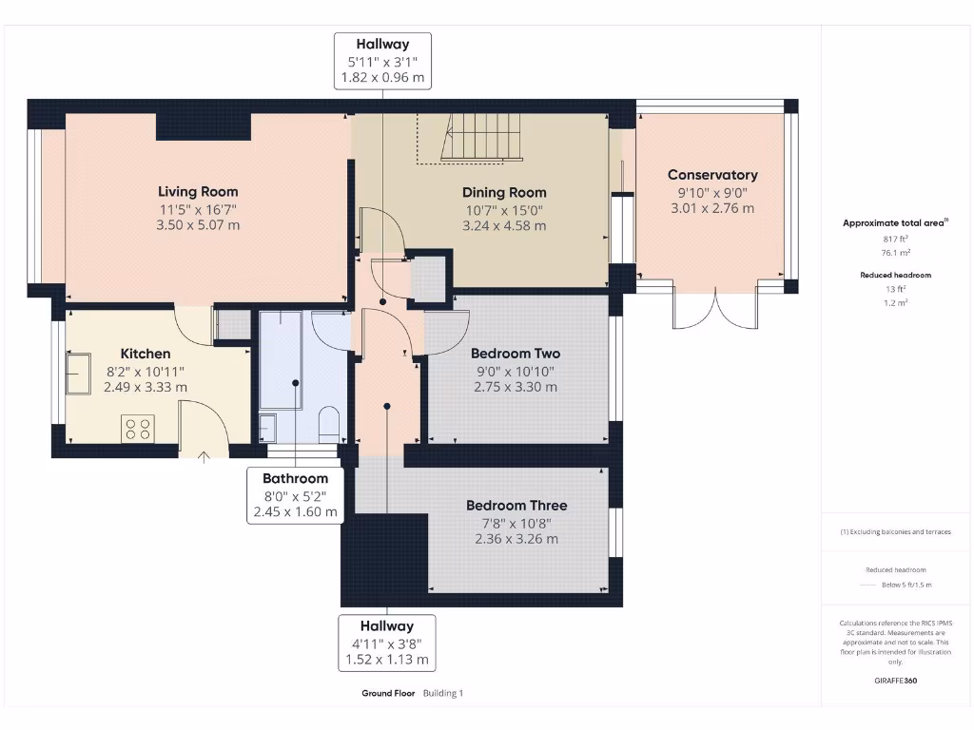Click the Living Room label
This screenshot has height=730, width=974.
pyautogui.click(x=198, y=191)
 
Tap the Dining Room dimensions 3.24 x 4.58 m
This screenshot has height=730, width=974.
pyautogui.click(x=504, y=226)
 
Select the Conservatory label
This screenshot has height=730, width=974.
pyautogui.click(x=712, y=175)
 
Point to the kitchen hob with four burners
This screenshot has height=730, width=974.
pyautogui.click(x=138, y=429)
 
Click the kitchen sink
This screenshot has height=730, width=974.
pyautogui.click(x=78, y=373)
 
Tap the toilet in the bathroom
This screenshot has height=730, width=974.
pyautogui.click(x=329, y=424)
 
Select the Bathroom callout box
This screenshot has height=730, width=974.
pyautogui.click(x=295, y=495)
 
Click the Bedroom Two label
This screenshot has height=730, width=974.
pyautogui.click(x=516, y=353)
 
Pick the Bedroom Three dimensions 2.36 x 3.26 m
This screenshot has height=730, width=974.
pyautogui.click(x=516, y=539)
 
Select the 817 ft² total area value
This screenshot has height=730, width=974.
pyautogui.click(x=895, y=240)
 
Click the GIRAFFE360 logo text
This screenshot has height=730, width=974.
pyautogui.click(x=895, y=681)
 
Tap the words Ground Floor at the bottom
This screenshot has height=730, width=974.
pyautogui.click(x=388, y=694)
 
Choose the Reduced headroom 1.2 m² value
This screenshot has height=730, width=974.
pyautogui.click(x=895, y=302)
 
